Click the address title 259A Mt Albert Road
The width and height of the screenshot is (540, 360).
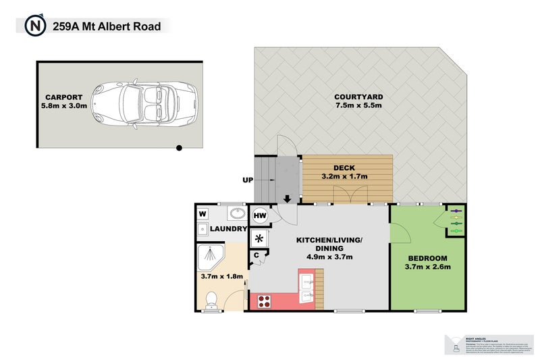coord(106,26)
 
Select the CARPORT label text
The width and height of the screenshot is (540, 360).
coord(64,97)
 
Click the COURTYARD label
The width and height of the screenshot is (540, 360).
coord(358,97)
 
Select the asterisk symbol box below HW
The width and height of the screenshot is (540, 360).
coord(260,238)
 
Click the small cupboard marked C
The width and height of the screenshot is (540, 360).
coord(257,255)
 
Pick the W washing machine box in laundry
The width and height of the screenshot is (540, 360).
coord(202,214)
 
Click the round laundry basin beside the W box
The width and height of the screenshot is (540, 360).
coord(237,213)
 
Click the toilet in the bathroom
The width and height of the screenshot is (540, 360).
coord(211,299)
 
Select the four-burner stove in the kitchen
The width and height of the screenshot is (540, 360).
coord(263,301)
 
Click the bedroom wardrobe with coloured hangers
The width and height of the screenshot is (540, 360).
coord(454,220)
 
